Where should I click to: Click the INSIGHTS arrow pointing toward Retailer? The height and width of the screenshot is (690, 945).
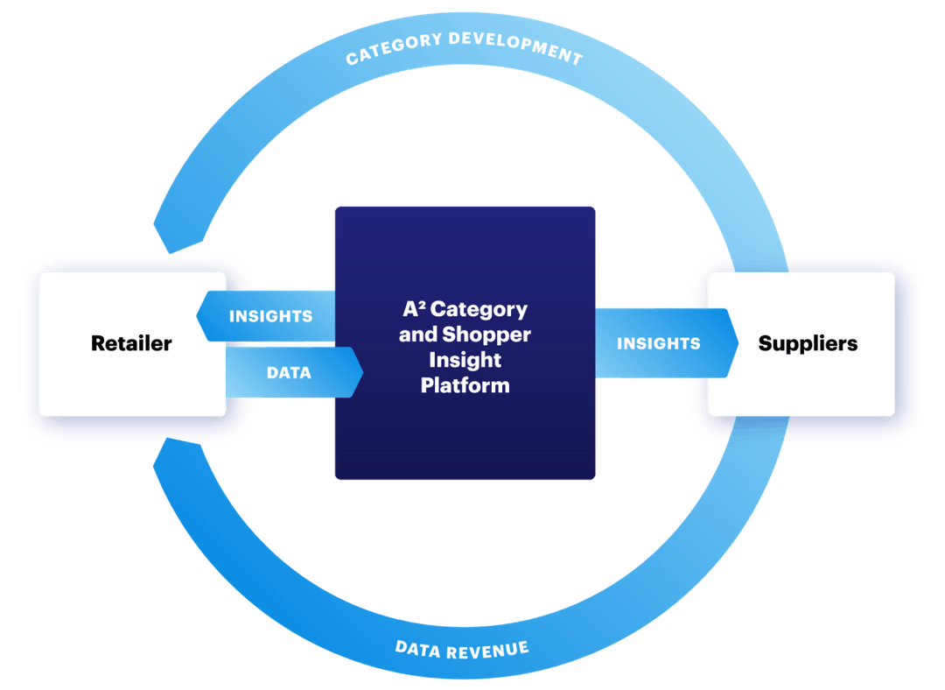tap(266, 316)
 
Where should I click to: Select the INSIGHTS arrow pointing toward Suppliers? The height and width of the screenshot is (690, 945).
tap(661, 343)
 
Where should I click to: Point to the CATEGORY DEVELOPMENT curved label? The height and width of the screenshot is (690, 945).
tap(464, 49)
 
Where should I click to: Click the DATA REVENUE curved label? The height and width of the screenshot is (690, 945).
tap(462, 649)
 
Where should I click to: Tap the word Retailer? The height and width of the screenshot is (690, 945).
tap(131, 343)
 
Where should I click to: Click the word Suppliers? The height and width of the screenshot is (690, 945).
tap(808, 343)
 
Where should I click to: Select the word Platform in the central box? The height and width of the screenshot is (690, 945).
tap(465, 385)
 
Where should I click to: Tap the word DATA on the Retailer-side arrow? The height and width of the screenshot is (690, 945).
tap(289, 372)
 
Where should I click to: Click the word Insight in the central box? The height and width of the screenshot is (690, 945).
tap(465, 360)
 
